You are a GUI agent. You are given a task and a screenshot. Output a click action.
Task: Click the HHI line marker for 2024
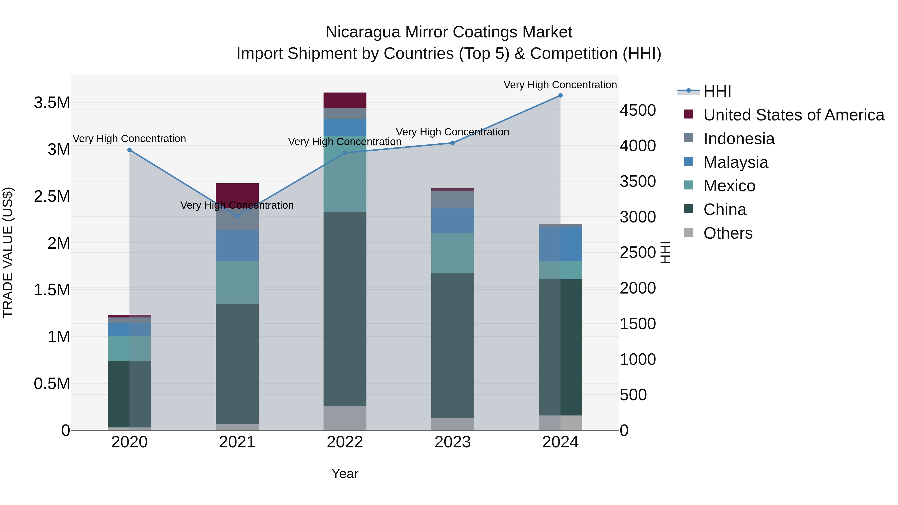pyautogui.click(x=560, y=96)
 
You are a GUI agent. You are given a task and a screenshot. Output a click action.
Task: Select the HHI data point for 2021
pyautogui.click(x=237, y=216)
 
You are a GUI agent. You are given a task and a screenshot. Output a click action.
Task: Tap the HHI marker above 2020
pyautogui.click(x=129, y=150)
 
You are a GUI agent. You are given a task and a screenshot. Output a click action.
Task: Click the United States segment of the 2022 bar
pyautogui.click(x=345, y=100)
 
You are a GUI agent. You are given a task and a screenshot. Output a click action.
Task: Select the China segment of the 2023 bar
pyautogui.click(x=452, y=345)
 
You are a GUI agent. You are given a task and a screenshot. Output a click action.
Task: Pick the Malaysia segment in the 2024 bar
pyautogui.click(x=560, y=244)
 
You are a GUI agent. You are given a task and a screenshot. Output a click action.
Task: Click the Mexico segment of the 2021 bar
pyautogui.click(x=237, y=282)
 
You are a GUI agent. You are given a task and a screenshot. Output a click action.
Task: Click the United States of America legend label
pyautogui.click(x=794, y=115)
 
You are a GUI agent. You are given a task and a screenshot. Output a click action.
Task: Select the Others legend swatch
pyautogui.click(x=688, y=232)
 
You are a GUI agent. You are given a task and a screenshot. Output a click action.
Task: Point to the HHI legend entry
pyautogui.click(x=717, y=91)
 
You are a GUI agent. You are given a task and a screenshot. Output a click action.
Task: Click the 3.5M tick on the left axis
pyautogui.click(x=52, y=103)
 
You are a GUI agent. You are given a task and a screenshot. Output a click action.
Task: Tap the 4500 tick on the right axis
pyautogui.click(x=638, y=110)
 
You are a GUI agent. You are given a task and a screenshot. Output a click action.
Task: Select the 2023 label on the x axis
pyautogui.click(x=452, y=442)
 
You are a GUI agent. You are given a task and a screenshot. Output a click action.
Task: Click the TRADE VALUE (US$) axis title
pyautogui.click(x=8, y=252)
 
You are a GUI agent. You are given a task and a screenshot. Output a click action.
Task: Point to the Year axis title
pyautogui.click(x=345, y=474)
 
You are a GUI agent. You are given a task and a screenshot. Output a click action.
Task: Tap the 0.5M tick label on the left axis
pyautogui.click(x=52, y=384)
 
